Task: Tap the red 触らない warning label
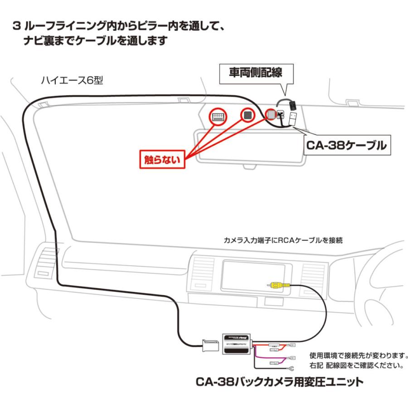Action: click(x=162, y=159)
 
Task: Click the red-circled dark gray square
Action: click(x=248, y=115)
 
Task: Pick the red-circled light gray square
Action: click(x=271, y=115)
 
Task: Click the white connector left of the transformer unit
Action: click(x=211, y=347)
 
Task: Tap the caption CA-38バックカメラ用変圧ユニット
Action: click(x=279, y=382)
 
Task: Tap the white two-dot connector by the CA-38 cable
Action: click(x=293, y=119)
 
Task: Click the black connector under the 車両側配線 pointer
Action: click(x=292, y=105)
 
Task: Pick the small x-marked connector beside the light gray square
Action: click(x=281, y=115)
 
